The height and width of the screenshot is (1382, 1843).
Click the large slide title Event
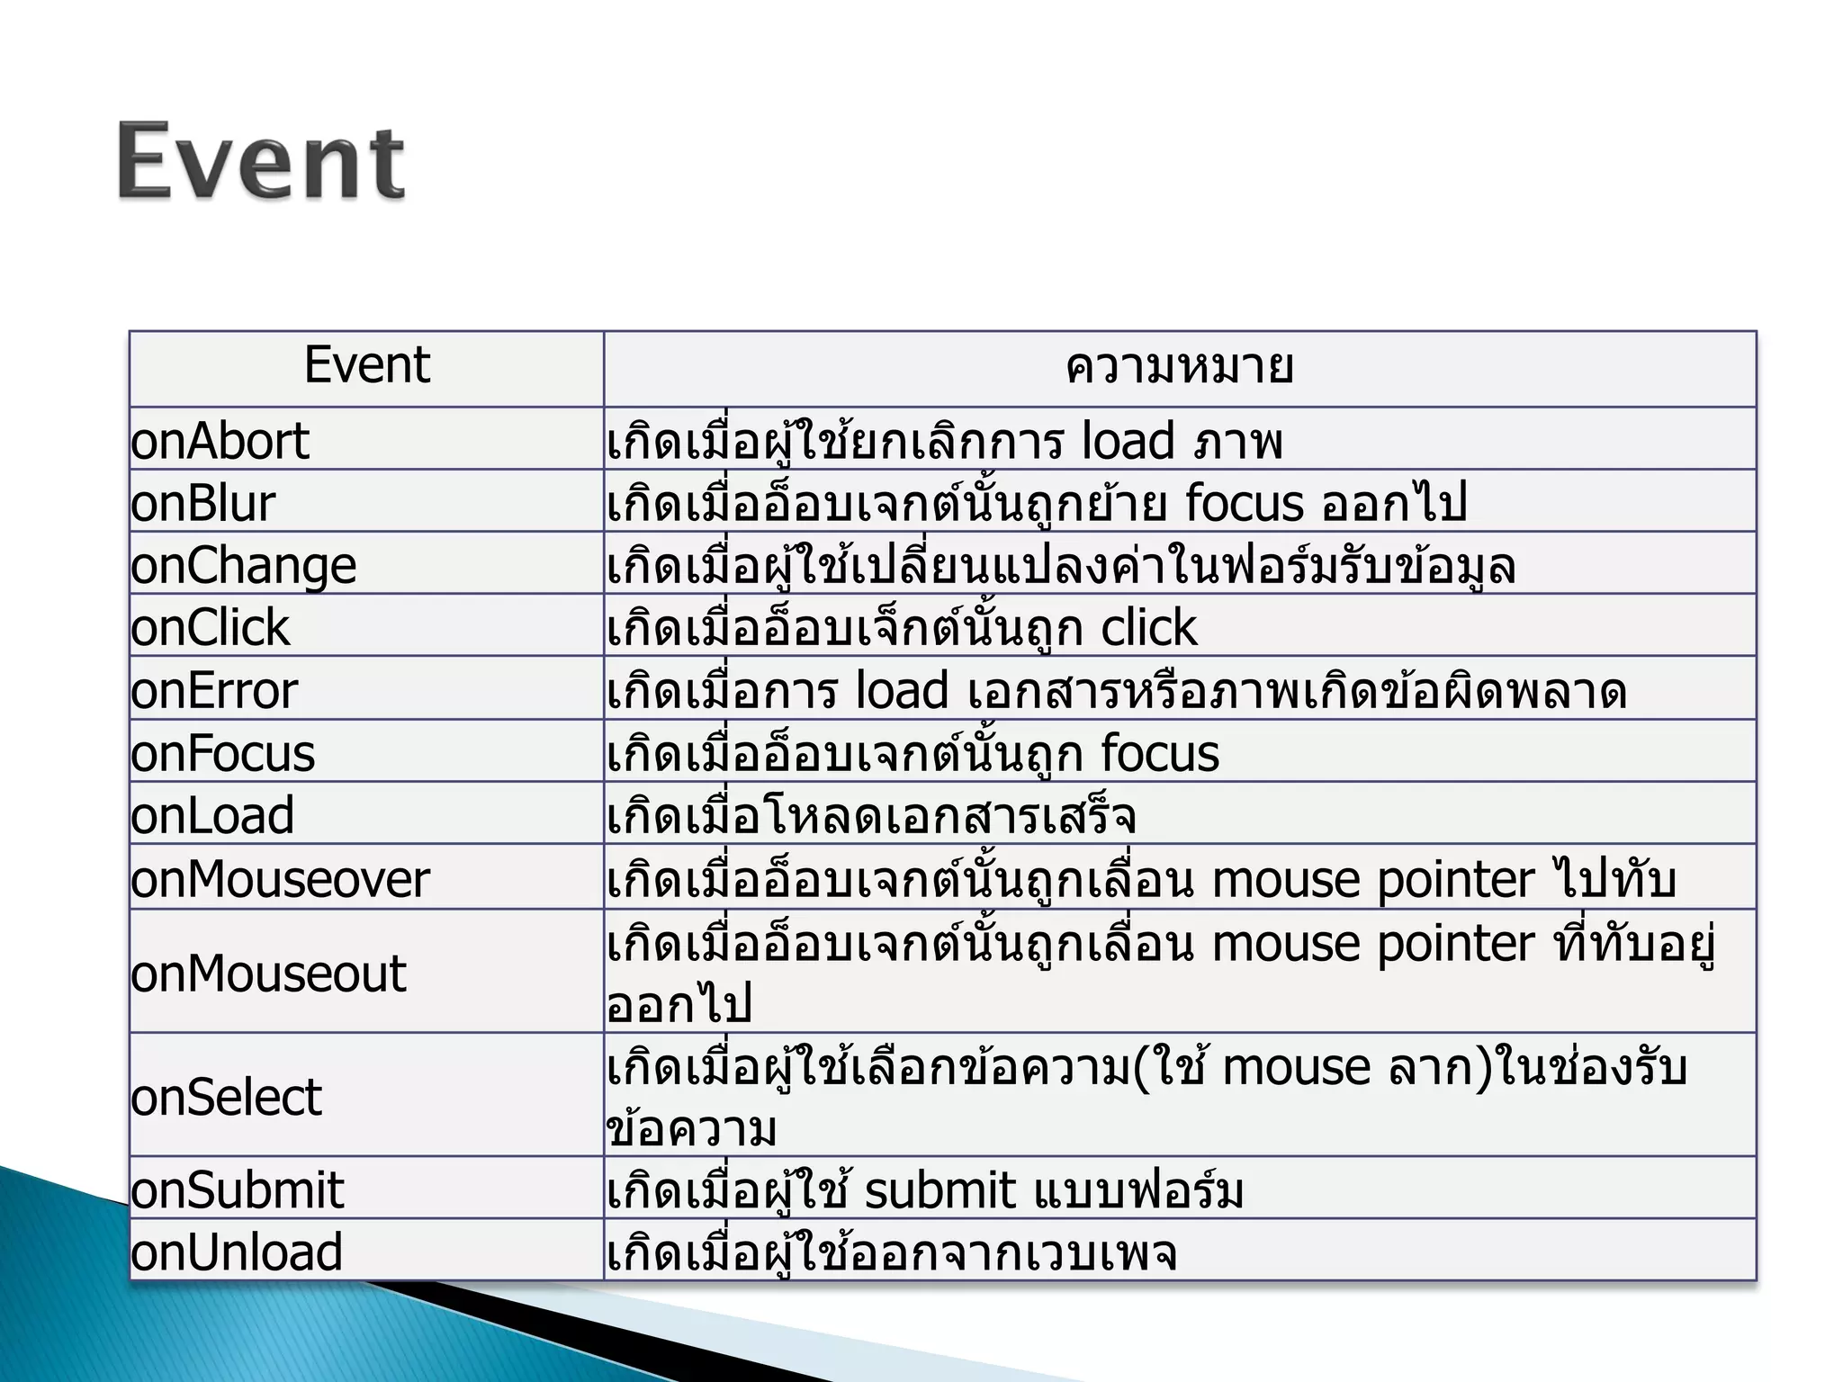[261, 162]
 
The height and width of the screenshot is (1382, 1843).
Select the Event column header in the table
[367, 365]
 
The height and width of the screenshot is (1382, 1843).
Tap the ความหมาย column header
[1179, 367]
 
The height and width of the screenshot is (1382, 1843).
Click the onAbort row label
[220, 441]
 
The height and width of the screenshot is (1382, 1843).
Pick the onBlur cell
[202, 503]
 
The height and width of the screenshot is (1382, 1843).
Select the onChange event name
[243, 566]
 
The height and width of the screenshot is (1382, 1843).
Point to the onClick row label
[210, 627]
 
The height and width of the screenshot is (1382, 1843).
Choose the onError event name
[214, 691]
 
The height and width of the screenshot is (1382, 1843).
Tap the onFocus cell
[222, 753]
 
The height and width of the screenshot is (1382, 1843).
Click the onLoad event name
[212, 815]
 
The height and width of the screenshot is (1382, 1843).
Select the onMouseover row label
[280, 879]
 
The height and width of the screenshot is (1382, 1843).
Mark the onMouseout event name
[268, 974]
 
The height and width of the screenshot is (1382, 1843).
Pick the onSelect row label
[226, 1097]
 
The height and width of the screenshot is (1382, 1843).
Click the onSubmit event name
[237, 1189]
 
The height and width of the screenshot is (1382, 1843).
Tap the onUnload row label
[237, 1252]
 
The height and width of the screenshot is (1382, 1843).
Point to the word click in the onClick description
[1149, 627]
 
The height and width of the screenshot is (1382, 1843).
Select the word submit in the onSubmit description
[939, 1189]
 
